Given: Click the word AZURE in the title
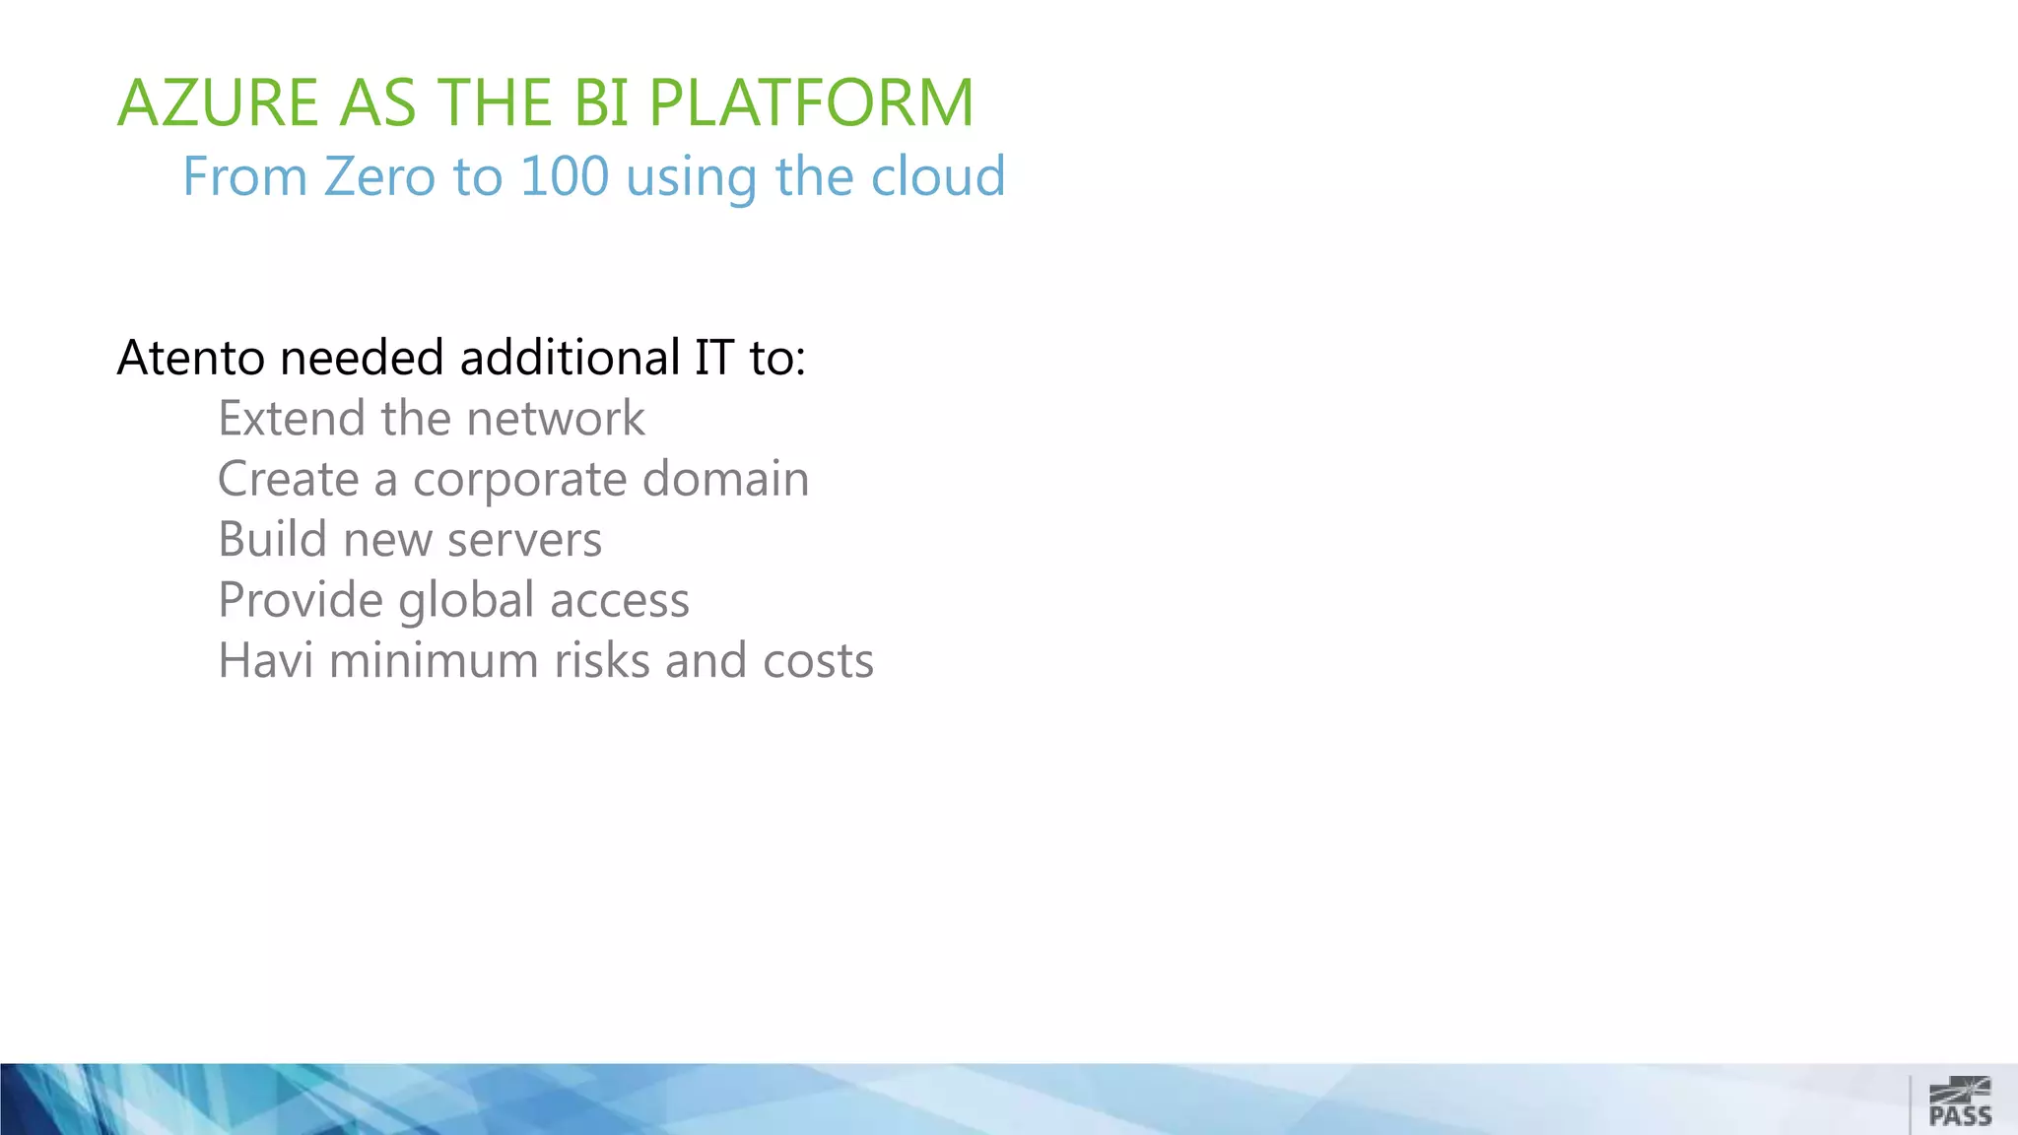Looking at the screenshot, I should tap(218, 102).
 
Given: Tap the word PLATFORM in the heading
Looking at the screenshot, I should tap(811, 102).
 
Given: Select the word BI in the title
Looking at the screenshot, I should tap(600, 102).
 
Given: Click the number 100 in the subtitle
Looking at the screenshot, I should tap(564, 177).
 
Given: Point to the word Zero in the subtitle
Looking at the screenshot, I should tap(379, 177).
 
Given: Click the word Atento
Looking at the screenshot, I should tap(190, 358).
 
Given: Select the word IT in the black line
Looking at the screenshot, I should tap(713, 358).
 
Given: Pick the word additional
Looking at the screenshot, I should tap(570, 358).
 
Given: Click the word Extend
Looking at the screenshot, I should tap(292, 419).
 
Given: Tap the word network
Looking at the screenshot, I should tap(556, 419).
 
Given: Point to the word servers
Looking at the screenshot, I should tap(524, 540).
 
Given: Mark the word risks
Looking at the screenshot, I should tap(601, 661).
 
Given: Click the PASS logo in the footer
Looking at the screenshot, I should tap(1960, 1102).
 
